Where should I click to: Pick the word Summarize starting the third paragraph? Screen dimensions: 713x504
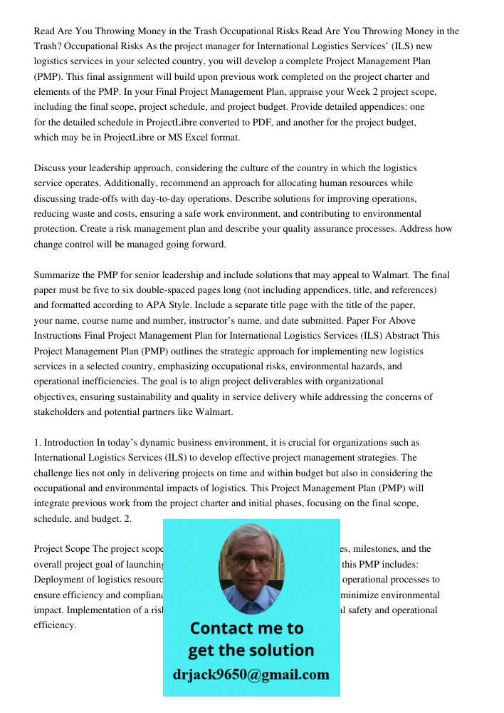tap(58, 275)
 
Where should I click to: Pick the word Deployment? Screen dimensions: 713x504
tap(61, 580)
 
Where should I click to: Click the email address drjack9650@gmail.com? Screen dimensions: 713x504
tap(251, 674)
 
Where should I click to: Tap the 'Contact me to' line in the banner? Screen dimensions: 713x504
tap(246, 628)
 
